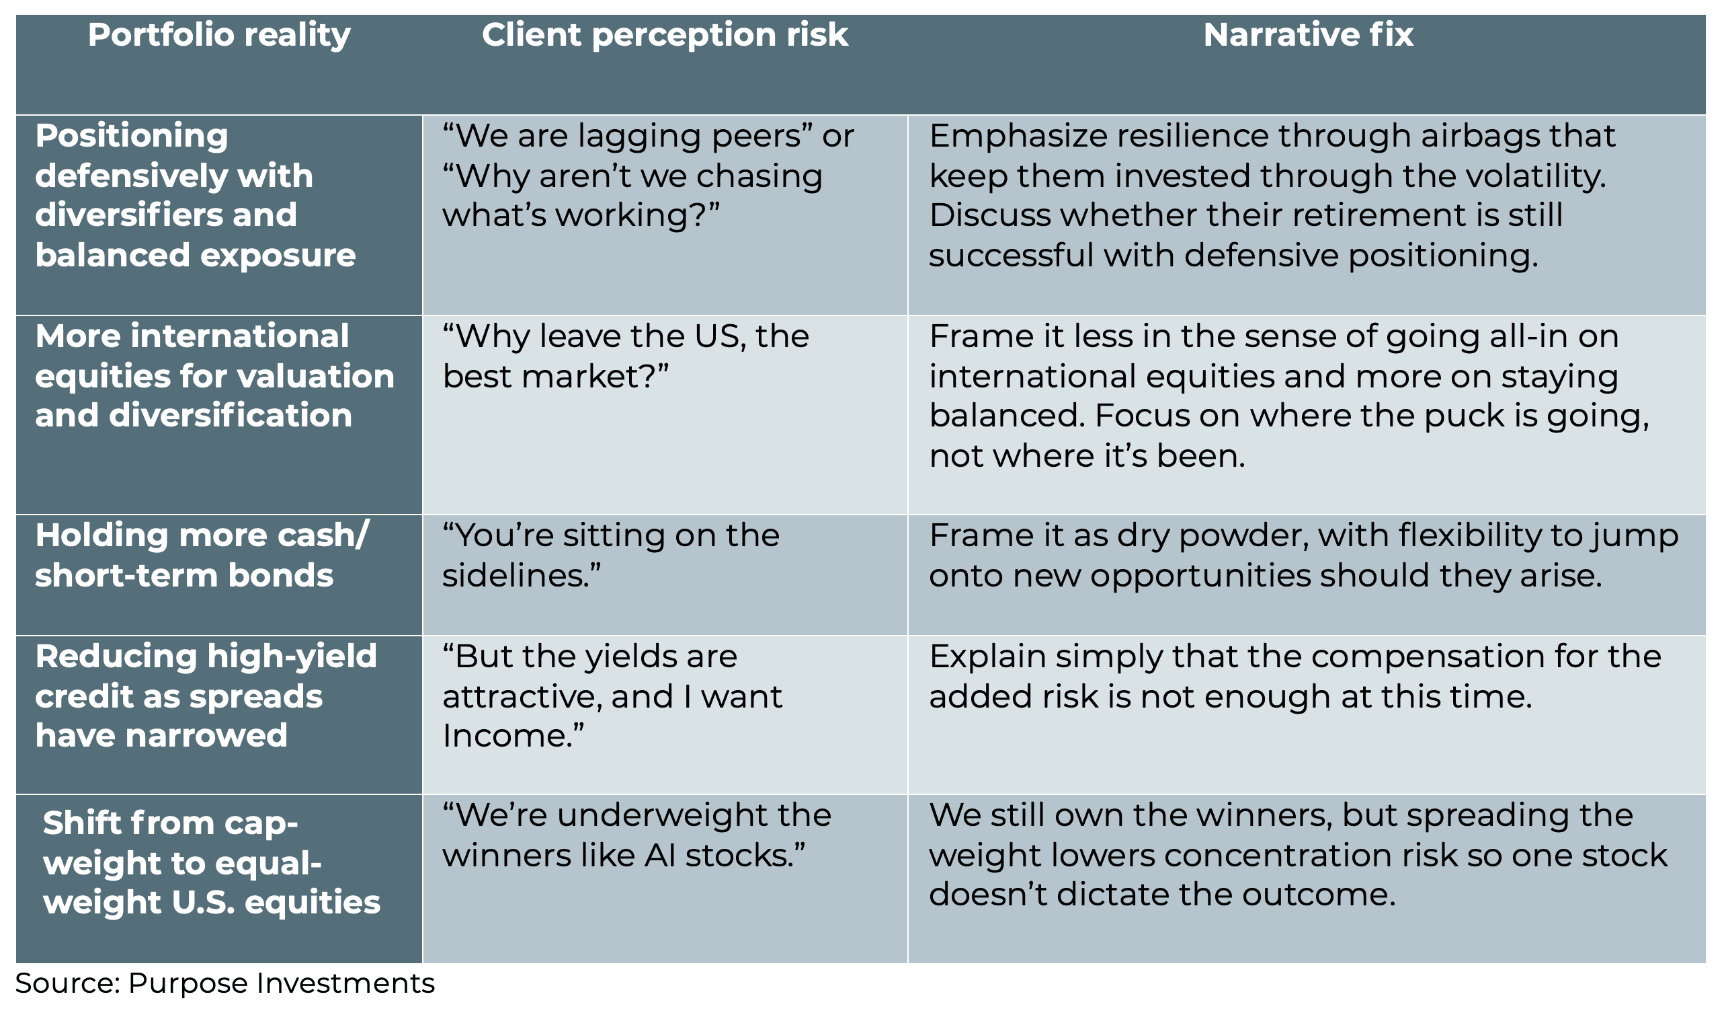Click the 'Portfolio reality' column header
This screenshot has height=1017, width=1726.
218,36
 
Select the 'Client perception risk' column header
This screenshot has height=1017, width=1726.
664,36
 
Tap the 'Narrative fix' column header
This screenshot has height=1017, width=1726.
1308,36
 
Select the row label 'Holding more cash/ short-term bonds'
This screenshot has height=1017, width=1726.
202,555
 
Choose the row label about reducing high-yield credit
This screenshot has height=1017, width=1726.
206,696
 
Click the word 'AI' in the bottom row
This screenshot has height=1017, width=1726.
659,856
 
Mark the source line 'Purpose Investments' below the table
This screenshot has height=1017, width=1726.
281,983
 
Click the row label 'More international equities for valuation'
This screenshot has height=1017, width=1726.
214,376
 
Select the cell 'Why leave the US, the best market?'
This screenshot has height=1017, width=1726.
624,356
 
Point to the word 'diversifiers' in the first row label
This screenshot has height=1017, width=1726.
128,215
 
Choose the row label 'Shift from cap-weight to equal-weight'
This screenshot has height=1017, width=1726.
211,863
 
